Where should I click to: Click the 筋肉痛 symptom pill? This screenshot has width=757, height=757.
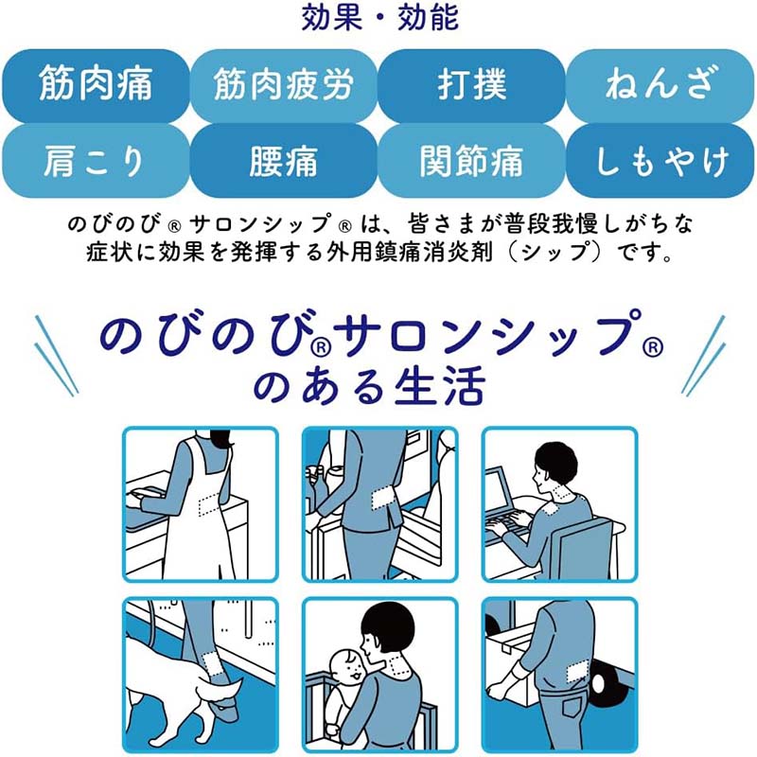coord(96,85)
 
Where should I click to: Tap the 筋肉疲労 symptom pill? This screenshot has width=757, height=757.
coord(283,85)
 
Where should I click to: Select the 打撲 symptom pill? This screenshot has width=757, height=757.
coord(471,85)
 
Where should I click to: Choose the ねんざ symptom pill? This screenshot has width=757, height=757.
coord(660,85)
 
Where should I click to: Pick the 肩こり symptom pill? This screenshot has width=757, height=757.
coord(96,161)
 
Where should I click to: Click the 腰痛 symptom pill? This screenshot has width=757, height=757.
coord(283,161)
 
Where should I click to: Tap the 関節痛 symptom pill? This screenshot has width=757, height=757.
coord(471,161)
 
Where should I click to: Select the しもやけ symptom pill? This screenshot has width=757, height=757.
coord(660,161)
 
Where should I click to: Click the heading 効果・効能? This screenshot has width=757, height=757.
coord(379,17)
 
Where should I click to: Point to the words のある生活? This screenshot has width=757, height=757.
coord(369,386)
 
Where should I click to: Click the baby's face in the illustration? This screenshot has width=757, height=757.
coord(348,668)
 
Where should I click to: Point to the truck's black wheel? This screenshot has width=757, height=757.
coord(609,684)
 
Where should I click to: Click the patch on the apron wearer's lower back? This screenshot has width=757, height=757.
coord(208,503)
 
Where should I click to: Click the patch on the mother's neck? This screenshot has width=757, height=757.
coord(398,665)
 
